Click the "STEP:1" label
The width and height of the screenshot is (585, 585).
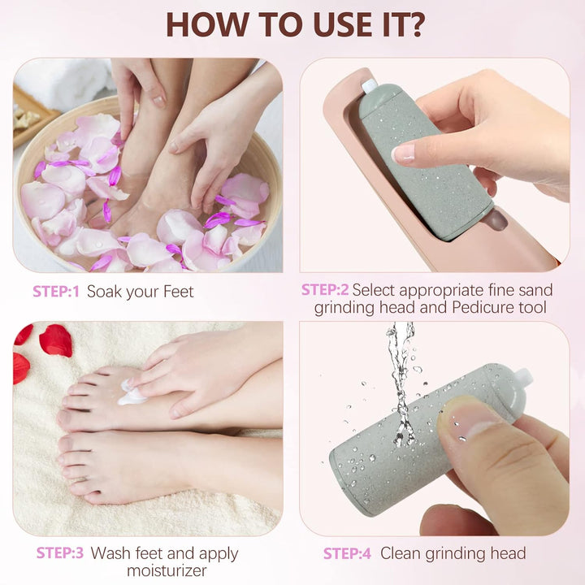pyautogui.click(x=56, y=291)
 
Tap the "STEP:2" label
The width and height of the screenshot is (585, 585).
pyautogui.click(x=324, y=289)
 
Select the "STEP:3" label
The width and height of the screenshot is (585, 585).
pyautogui.click(x=59, y=553)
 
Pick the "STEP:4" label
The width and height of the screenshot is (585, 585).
pyautogui.click(x=347, y=553)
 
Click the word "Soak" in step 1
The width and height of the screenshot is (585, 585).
pyautogui.click(x=105, y=291)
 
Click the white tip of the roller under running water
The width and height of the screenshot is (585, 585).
pyautogui.click(x=522, y=376)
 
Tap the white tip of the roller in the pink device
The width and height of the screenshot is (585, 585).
pyautogui.click(x=370, y=85)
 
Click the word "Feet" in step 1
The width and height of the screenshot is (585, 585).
pyautogui.click(x=177, y=291)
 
